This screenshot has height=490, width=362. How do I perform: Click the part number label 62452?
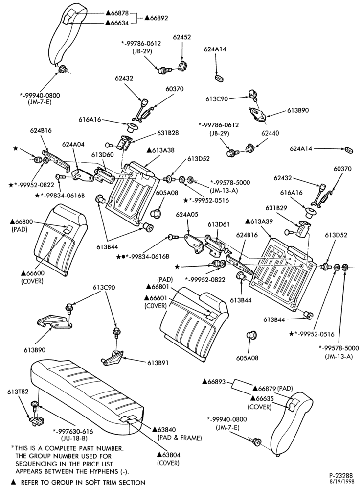pyautogui.click(x=182, y=37)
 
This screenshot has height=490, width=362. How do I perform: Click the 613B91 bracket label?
pyautogui.click(x=158, y=363)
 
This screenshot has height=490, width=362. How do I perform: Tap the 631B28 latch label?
pyautogui.click(x=168, y=133)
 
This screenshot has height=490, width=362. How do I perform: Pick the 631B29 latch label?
pyautogui.click(x=276, y=208)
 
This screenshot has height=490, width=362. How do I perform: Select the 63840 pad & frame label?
pyautogui.click(x=164, y=430)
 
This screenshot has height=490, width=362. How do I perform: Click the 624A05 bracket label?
pyautogui.click(x=187, y=215)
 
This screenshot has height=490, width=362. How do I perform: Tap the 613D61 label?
pyautogui.click(x=219, y=225)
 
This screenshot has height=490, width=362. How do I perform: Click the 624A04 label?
pyautogui.click(x=73, y=144)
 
